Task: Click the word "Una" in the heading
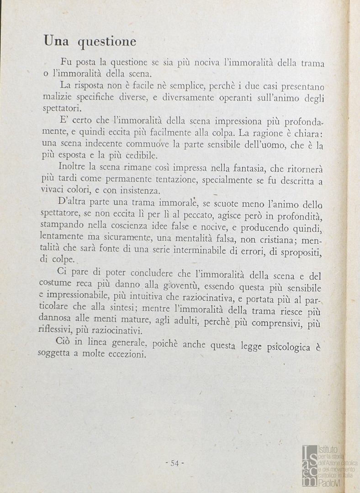[56, 42]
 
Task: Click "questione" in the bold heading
[106, 42]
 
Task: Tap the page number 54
[174, 463]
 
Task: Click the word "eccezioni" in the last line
[125, 355]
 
